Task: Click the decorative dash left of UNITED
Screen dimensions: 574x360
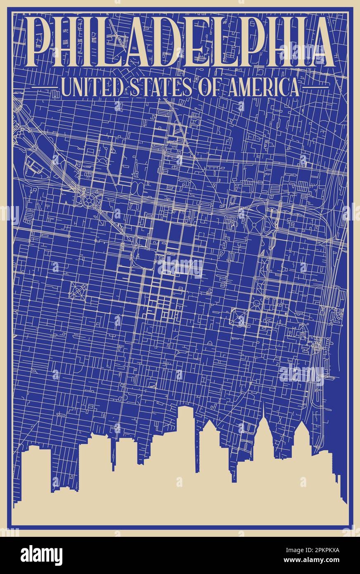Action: click(x=45, y=87)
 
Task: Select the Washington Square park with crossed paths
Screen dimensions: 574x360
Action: click(x=238, y=317)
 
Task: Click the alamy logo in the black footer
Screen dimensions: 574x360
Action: click(x=41, y=555)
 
